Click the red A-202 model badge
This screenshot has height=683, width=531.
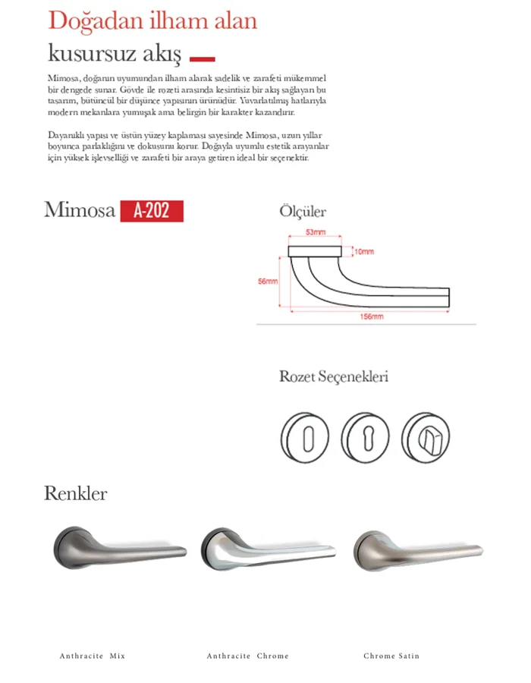point(152,210)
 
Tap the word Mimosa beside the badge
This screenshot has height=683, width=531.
point(80,210)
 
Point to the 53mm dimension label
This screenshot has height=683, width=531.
point(316,231)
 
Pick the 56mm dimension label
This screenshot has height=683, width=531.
point(268,281)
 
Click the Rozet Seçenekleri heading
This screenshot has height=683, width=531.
point(334,376)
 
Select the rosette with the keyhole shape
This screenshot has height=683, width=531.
point(366,439)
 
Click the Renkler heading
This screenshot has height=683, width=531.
point(76,494)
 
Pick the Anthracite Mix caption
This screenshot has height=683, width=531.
point(92,656)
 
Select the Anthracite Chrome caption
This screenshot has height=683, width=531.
point(247,656)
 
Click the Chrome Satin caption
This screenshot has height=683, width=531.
point(391,656)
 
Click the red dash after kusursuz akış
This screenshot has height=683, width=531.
point(202,58)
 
